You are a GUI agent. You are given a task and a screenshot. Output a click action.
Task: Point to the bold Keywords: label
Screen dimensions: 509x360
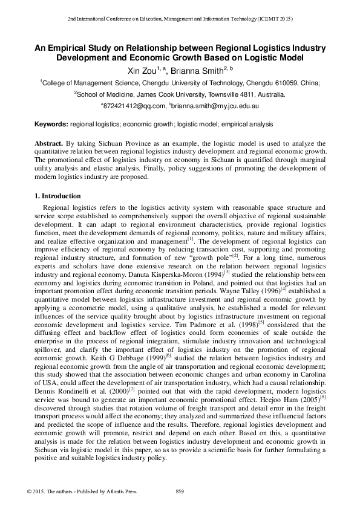(x=51, y=124)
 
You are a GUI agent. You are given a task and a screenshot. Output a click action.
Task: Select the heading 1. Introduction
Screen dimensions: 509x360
(x=57, y=196)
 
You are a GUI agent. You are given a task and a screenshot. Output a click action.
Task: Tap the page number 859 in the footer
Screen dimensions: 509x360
(x=179, y=490)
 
